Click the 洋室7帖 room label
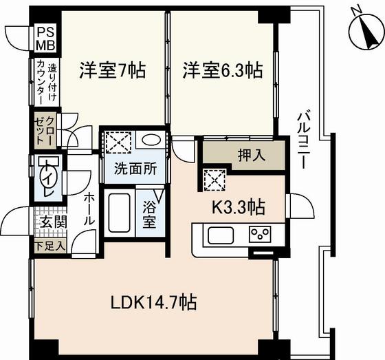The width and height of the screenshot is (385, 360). (x=112, y=70)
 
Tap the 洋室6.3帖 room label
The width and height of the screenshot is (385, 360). (x=222, y=70)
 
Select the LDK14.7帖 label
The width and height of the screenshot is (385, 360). (x=155, y=301)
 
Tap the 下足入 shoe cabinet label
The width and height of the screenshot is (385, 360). (x=47, y=245)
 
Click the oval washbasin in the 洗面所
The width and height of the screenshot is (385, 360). (x=148, y=140)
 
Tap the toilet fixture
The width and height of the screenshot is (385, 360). (x=49, y=173)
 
